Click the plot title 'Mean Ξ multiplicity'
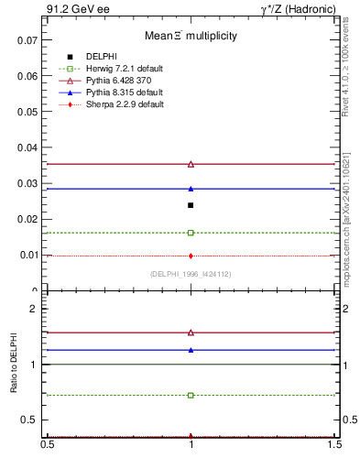191,37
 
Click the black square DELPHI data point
191,205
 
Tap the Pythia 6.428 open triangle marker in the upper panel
191,164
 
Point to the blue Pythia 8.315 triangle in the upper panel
191,189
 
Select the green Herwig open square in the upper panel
191,233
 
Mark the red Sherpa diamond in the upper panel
191,256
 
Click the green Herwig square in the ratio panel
191,395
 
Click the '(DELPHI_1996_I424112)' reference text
191,274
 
